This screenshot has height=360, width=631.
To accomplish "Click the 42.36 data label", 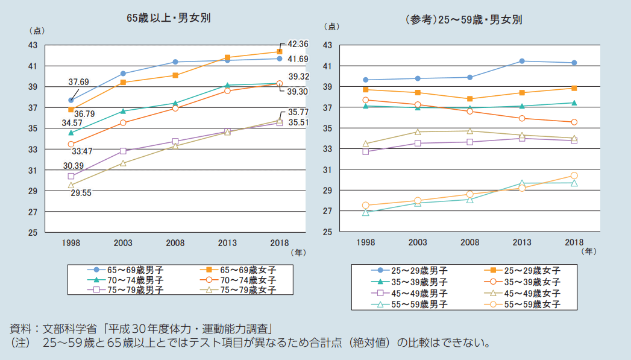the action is [x=298, y=44].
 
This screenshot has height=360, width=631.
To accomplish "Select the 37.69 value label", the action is [x=78, y=82].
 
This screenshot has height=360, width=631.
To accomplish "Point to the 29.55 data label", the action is [x=81, y=193].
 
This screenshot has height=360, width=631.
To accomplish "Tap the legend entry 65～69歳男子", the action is [x=125, y=270].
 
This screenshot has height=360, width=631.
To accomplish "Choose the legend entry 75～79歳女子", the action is [x=238, y=289].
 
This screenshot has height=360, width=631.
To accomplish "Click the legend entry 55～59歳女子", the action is [x=523, y=305].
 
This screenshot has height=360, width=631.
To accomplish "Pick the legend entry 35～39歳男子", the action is [x=409, y=282].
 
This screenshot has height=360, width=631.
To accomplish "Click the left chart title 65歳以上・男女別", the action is [x=169, y=18].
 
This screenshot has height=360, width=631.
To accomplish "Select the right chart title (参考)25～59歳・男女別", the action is [x=464, y=20].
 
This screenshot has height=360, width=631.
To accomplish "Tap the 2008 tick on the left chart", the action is [x=175, y=243].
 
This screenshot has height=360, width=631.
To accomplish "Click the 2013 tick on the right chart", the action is [x=522, y=242].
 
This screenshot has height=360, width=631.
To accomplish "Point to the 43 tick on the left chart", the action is [x=33, y=45].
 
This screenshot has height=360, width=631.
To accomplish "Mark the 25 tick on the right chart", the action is [x=328, y=232].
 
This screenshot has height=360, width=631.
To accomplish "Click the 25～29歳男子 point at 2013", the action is [x=522, y=62].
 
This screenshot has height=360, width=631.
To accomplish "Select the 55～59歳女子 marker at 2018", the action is [x=574, y=175].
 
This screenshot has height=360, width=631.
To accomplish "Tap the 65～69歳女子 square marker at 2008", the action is [x=175, y=75].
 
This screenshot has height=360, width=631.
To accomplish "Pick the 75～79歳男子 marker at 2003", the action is [x=123, y=151].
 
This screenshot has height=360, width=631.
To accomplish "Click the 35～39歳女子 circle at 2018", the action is [x=574, y=122].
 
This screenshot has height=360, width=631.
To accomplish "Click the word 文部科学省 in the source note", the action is [x=70, y=329].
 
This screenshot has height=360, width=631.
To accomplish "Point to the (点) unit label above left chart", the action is [x=37, y=31].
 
